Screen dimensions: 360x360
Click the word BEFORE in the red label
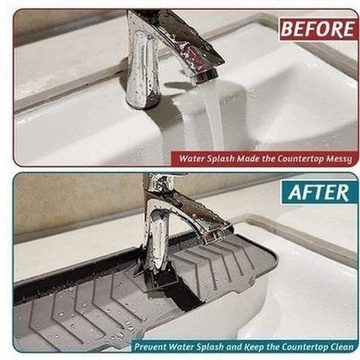click(x=317, y=29)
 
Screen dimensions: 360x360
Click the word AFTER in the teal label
click(x=318, y=193)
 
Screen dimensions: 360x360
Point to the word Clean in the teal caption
click(x=343, y=346)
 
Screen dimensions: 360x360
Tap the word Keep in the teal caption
click(x=254, y=346)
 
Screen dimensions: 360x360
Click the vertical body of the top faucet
click(x=143, y=69)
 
